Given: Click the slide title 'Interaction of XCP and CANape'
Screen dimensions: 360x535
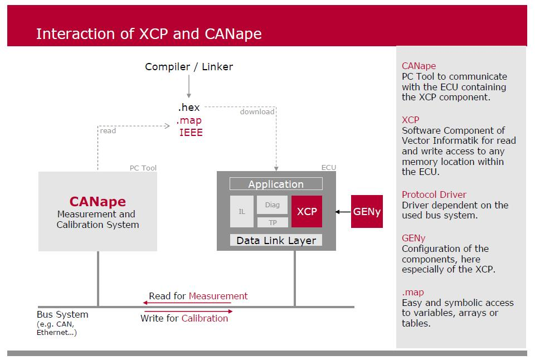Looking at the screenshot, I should (x=149, y=34).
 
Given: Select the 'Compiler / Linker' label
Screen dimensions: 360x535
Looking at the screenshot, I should (x=189, y=67).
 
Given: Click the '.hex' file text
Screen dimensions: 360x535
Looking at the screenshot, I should (x=189, y=108).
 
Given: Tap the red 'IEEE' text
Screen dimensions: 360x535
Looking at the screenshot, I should (x=191, y=133).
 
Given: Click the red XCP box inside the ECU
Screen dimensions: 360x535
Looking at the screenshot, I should (x=307, y=212).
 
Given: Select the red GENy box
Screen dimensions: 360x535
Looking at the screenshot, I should (x=366, y=212).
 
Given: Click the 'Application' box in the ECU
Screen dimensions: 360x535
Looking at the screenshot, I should (x=276, y=184).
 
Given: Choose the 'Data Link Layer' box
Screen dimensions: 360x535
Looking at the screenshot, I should (x=276, y=241).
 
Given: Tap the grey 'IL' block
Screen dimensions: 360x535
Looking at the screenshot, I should (x=242, y=212).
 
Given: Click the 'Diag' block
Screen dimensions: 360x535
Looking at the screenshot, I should (x=272, y=205).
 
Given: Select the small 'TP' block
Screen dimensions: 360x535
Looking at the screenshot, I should (x=273, y=222).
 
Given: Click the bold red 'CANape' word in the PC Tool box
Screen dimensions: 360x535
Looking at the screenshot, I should (x=98, y=201).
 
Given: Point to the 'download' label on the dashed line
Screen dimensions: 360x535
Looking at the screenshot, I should (x=257, y=112).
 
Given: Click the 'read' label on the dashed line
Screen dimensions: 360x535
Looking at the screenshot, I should (x=108, y=131).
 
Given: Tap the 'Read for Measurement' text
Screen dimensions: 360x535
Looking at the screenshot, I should (x=198, y=296).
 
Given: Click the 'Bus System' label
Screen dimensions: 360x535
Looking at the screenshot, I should (x=62, y=314).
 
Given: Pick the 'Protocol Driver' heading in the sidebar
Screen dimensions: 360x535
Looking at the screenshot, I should (x=434, y=194).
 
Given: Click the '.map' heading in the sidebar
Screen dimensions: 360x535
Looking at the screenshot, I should (x=413, y=292).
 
